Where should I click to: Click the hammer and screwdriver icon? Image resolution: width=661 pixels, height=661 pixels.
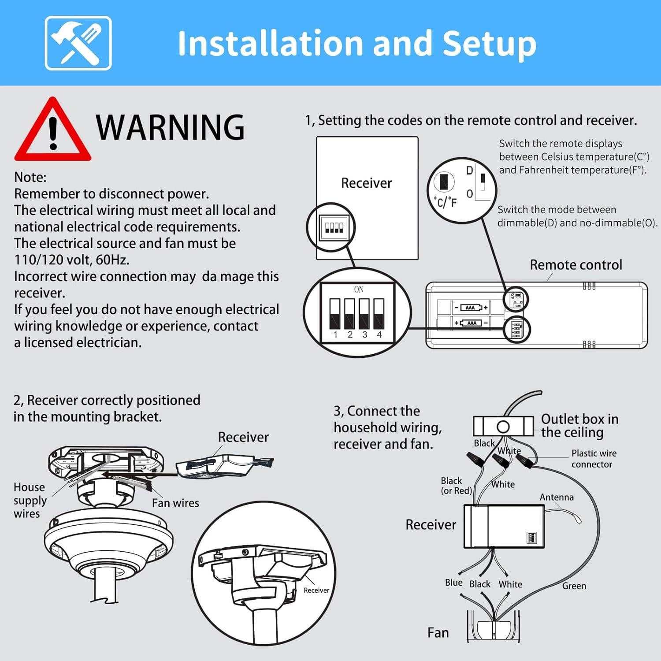pos(78,43)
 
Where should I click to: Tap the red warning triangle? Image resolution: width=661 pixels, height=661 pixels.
pos(52,130)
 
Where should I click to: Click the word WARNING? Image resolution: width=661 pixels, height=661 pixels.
pos(170,128)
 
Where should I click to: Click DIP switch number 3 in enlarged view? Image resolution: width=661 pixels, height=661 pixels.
pos(364,314)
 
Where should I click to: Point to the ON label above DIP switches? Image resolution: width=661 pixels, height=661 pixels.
pos(359,290)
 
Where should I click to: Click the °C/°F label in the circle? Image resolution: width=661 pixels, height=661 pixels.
pos(446,202)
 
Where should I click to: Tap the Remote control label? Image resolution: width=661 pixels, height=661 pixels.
pos(576,265)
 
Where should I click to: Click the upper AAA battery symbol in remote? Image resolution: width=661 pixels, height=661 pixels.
pos(471,308)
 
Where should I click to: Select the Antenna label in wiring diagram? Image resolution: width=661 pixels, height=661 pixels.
pos(557,497)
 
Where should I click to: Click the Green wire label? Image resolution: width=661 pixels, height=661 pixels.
pos(574,586)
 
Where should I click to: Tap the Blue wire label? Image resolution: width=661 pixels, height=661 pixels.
pos(453,583)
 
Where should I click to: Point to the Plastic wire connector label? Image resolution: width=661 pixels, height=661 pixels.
pos(593,458)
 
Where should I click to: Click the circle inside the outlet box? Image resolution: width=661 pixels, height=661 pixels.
pos(503,427)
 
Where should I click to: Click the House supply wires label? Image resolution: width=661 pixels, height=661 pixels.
pos(30,500)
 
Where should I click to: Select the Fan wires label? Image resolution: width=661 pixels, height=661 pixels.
pos(175,503)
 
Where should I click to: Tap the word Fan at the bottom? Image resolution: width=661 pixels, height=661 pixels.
pos(438,633)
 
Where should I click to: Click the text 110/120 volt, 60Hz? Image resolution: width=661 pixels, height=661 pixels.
pos(72,260)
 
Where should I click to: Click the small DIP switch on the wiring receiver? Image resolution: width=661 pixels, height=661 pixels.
pos(532,538)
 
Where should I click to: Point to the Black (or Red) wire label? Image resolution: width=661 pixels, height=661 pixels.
pos(456,485)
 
